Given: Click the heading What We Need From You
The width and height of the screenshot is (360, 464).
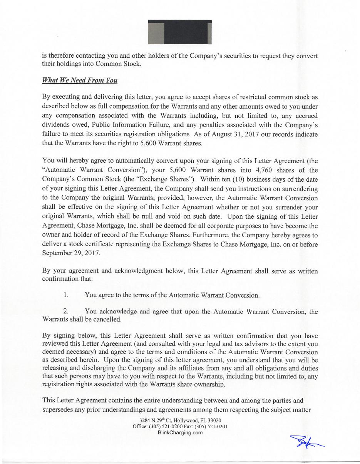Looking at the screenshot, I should click(80, 80).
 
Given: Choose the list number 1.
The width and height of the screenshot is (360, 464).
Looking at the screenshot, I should click(66, 295).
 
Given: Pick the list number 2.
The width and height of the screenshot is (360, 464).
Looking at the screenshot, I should click(66, 311).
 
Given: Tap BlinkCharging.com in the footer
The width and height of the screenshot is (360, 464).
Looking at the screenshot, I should click(180, 432).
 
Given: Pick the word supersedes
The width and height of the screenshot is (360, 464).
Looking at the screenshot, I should click(60, 410).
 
